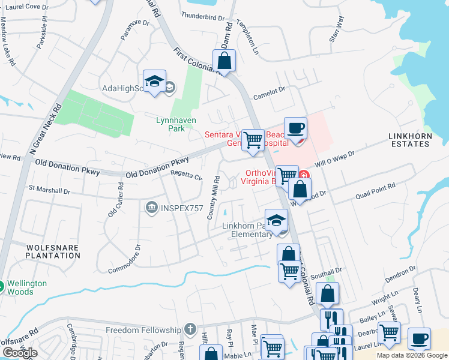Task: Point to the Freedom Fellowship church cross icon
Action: (x=190, y=329)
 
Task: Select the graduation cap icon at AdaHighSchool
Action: (x=154, y=81)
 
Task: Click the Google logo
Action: (x=20, y=353)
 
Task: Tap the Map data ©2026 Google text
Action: (x=411, y=355)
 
